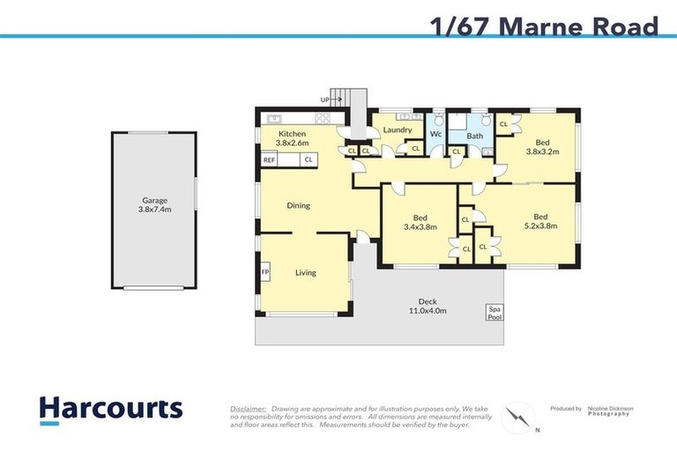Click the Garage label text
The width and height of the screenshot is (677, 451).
point(155,205)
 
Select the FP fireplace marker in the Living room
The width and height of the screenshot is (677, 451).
point(264,273)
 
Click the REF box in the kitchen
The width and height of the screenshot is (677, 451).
point(269,159)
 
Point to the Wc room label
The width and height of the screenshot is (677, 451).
point(435,134)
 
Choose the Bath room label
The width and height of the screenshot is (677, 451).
point(474,136)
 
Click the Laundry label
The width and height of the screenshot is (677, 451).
point(398,129)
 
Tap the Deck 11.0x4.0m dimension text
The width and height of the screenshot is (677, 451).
point(427,306)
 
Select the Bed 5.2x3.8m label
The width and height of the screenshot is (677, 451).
point(539,222)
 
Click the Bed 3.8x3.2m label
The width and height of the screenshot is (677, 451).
point(542,146)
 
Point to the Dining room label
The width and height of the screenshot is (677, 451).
point(298,205)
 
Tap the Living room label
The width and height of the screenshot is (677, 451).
point(305,273)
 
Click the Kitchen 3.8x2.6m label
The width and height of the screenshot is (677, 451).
point(291,138)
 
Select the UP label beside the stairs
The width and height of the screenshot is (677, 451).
point(325,100)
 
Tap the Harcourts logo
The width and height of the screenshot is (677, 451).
point(110,410)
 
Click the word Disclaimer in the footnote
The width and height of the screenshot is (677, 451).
point(248,409)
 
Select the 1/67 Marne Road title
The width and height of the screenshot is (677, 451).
point(544,26)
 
